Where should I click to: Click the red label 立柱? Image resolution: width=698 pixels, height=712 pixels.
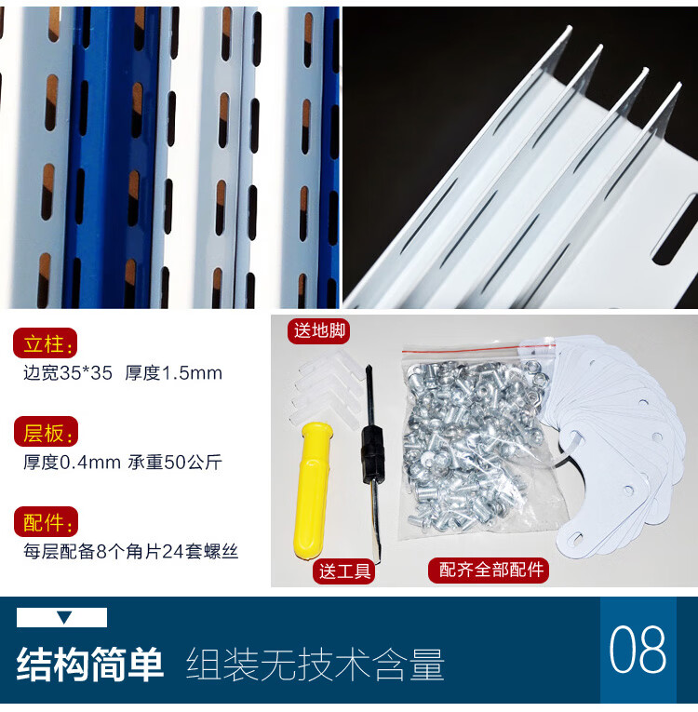click(x=45, y=343)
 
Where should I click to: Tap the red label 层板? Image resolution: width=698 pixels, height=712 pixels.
click(x=46, y=432)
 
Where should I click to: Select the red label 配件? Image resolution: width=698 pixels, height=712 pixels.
click(x=46, y=522)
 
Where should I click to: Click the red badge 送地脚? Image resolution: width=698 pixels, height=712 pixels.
click(x=320, y=330)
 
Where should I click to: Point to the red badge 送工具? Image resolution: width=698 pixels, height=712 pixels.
click(x=344, y=571)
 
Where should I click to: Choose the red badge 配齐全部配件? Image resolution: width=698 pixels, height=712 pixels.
click(x=490, y=569)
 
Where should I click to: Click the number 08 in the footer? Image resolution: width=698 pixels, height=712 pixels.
click(x=638, y=649)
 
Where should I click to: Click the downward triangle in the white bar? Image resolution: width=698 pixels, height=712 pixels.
click(x=64, y=617)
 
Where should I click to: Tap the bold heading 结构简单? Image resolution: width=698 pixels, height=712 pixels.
click(x=90, y=664)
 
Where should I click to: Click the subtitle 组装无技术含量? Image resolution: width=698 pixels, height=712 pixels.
click(x=315, y=665)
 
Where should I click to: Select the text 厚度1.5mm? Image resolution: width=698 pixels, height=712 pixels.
click(x=173, y=373)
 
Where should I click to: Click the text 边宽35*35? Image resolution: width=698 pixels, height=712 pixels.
click(x=68, y=373)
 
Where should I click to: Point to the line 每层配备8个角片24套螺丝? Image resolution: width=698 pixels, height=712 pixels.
click(x=131, y=551)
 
